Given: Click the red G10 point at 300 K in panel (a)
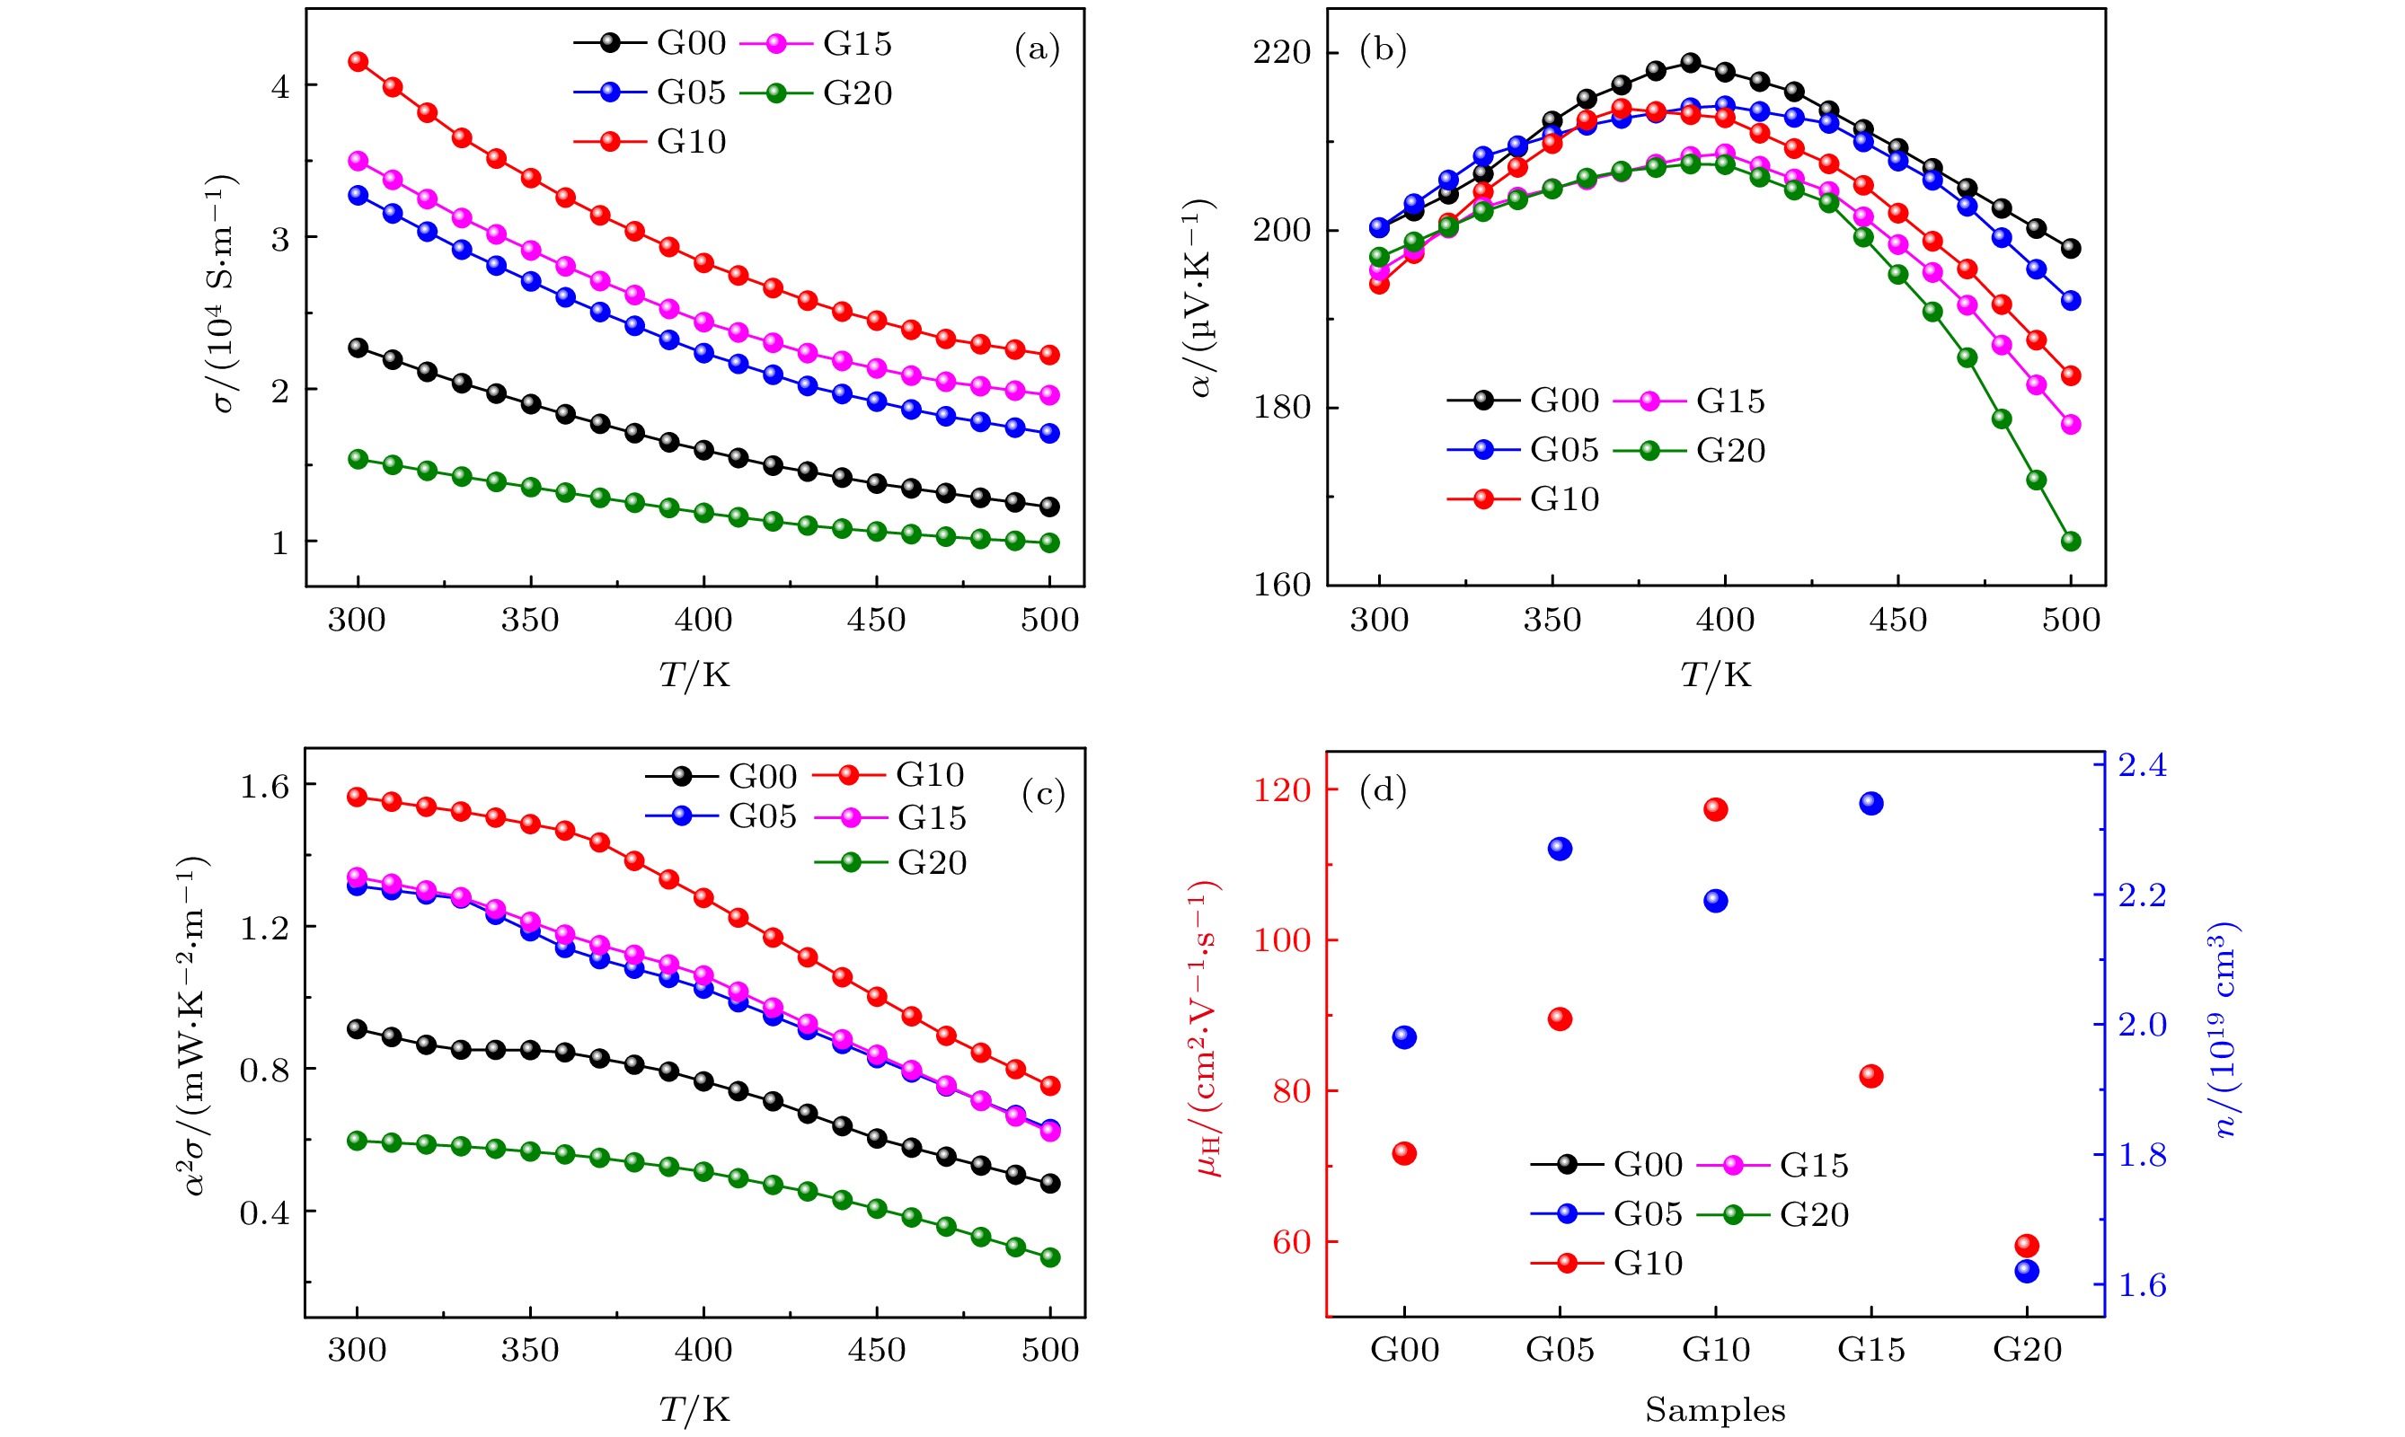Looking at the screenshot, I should (x=358, y=61).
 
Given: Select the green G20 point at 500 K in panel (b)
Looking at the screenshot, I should (x=2071, y=542).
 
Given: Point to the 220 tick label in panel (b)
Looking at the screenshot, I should (x=1281, y=52).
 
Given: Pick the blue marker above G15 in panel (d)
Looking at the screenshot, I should (x=1871, y=804).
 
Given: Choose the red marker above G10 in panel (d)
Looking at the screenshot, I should (x=1715, y=809).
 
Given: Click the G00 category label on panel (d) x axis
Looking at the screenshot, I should (x=1403, y=1350).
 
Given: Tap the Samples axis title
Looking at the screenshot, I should (x=1714, y=1411).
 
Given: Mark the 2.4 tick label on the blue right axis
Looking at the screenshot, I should (x=2143, y=766).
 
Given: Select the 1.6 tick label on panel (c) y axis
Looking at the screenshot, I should (x=264, y=786).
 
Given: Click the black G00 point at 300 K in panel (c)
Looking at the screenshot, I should (x=358, y=1028).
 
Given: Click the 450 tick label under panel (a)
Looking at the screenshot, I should (x=876, y=620).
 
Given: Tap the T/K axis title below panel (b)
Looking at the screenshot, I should (x=1715, y=674).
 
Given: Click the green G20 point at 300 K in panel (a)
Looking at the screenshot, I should (x=358, y=459).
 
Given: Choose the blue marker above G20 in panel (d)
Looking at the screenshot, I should (x=2026, y=1272).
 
